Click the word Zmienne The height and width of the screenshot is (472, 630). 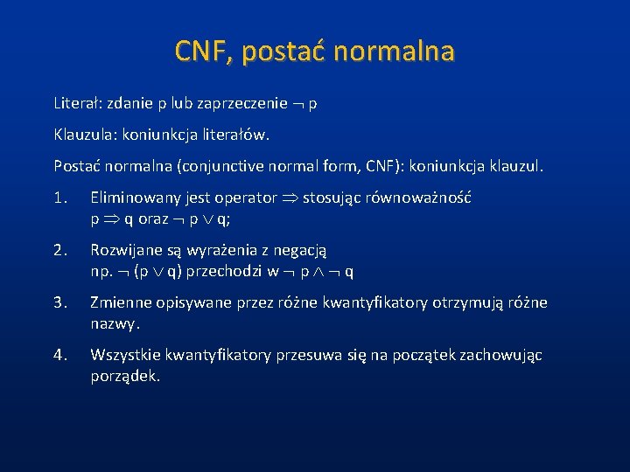pos(120,303)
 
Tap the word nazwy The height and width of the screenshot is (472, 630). pos(115,323)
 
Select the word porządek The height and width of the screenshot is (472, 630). pos(125,377)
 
